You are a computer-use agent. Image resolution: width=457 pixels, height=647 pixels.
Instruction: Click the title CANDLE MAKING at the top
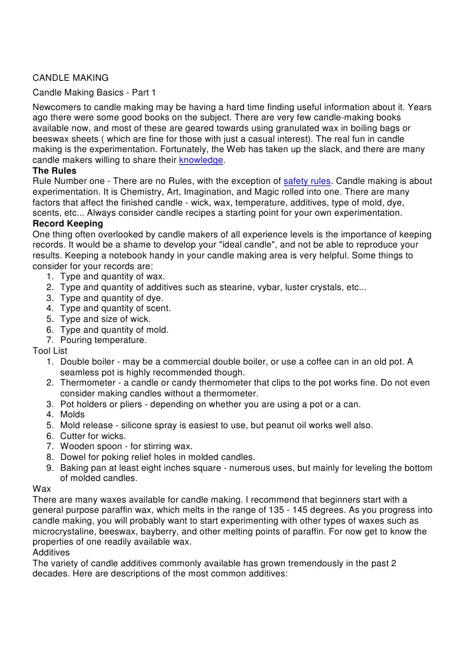[x=71, y=78]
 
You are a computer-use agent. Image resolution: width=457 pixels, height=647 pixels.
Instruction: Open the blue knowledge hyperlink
[x=201, y=160]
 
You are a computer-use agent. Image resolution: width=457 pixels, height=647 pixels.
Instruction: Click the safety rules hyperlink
[x=307, y=181]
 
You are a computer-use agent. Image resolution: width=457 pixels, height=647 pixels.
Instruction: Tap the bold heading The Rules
[x=55, y=171]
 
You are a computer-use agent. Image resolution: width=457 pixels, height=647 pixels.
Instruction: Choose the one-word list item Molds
[x=73, y=414]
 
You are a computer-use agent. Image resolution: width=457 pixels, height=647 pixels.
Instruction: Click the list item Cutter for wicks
[x=93, y=435]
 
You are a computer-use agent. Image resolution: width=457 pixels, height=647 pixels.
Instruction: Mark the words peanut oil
[x=303, y=425]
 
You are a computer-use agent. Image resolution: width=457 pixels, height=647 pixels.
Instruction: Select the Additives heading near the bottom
[x=53, y=553]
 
